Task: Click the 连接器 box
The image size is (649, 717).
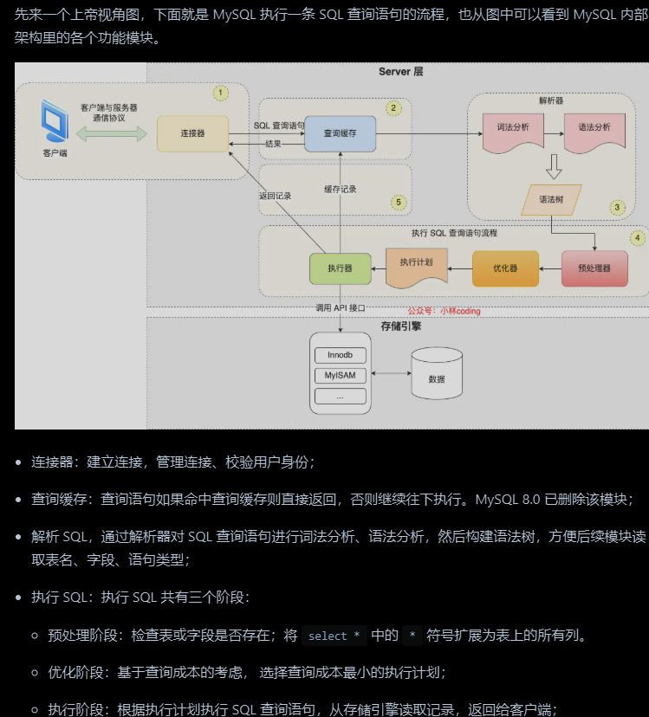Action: (x=192, y=133)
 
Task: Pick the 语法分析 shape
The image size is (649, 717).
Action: (x=594, y=128)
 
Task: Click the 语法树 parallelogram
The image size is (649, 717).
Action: (x=551, y=199)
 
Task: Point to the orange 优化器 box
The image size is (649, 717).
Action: (x=506, y=268)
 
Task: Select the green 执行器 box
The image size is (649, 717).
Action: (x=339, y=268)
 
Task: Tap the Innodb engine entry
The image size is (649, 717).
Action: (x=340, y=355)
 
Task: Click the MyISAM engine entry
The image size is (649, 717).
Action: (x=340, y=376)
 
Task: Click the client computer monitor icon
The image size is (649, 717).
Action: (x=54, y=122)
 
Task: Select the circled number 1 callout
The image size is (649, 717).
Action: (x=221, y=92)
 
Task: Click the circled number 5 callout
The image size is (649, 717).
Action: (x=399, y=202)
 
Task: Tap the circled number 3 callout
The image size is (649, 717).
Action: (x=617, y=207)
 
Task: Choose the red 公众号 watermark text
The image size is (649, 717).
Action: (x=444, y=311)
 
